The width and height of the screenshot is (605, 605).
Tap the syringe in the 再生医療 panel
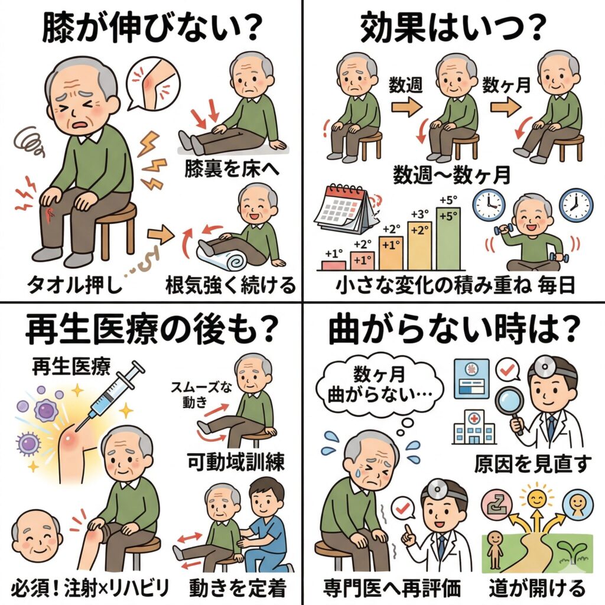coord(110,395)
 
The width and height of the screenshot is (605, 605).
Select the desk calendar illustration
coord(345,210)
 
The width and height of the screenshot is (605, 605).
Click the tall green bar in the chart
coord(448,239)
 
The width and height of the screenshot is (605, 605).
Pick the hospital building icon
coord(474,428)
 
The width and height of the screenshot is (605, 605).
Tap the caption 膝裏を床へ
coord(232,169)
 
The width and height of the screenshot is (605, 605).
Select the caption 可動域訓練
coord(236,462)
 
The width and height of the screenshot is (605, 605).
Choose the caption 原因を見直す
coord(532,464)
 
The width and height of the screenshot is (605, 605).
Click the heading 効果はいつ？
coord(454,28)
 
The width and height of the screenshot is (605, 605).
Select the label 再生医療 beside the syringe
coord(71,366)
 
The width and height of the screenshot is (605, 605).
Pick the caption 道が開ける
coord(537,588)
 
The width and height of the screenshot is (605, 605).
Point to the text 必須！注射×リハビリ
coord(90,588)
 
